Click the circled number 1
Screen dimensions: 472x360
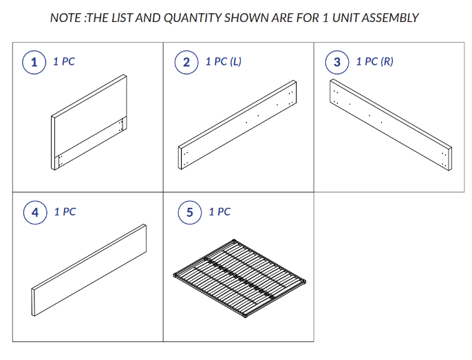click(34, 63)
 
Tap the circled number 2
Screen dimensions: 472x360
click(186, 63)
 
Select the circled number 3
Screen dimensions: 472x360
click(337, 63)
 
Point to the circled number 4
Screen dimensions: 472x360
click(35, 213)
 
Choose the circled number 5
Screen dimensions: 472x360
click(190, 213)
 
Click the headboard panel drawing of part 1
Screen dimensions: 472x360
click(89, 123)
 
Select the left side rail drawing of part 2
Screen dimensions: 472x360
click(237, 125)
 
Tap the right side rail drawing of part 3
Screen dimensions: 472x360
click(391, 125)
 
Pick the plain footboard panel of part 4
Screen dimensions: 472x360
click(89, 271)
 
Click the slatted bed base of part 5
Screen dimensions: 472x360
click(240, 278)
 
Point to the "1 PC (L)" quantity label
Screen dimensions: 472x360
click(224, 61)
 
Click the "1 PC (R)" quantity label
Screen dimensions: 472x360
click(375, 61)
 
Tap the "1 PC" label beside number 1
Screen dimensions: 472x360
click(64, 61)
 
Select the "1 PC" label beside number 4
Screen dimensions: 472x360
click(65, 212)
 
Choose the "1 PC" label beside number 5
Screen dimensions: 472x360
click(219, 212)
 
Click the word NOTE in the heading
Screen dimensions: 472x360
click(65, 18)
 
